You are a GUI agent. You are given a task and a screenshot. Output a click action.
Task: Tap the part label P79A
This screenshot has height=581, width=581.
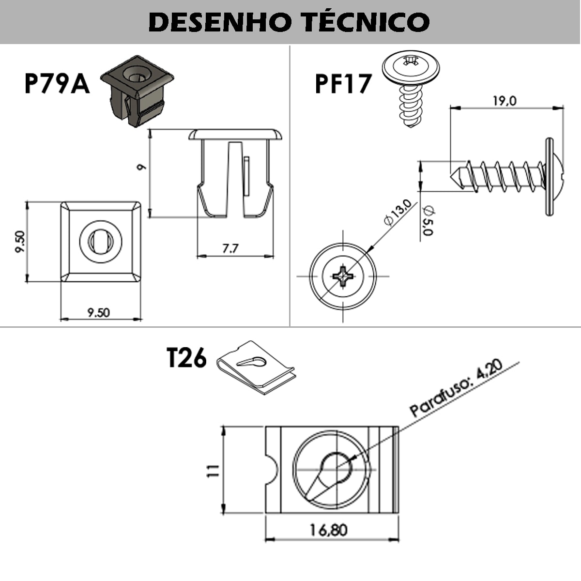pos(57,83)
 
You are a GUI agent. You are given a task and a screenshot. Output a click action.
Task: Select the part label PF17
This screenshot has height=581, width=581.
pos(343,83)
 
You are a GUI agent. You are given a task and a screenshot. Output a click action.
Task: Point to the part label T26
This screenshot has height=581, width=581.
pos(186,358)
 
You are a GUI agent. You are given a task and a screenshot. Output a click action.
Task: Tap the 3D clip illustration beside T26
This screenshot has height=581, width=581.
pos(256,367)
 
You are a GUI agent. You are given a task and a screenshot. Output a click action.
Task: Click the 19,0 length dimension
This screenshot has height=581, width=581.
pos(505,101)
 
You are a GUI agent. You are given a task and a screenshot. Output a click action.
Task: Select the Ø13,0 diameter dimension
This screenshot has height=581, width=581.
pos(398,213)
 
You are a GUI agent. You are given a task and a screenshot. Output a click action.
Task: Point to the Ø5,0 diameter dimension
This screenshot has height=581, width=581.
pos(428,220)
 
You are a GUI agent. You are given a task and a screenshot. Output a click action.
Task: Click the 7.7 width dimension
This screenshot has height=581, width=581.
pos(230,249)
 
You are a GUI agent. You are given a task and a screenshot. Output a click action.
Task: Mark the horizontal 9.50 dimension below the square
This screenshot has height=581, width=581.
pos(98,313)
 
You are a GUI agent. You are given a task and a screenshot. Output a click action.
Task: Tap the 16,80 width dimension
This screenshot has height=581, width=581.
pos(329,530)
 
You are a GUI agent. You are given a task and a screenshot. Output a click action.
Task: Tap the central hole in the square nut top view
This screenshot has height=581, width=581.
pos(100,241)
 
